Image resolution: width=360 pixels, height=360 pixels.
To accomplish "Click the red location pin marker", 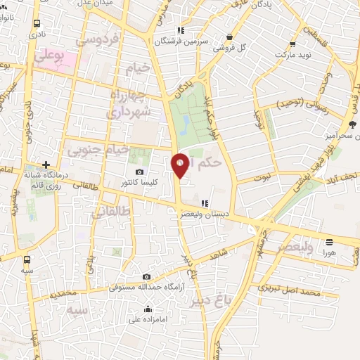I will (x=180, y=165).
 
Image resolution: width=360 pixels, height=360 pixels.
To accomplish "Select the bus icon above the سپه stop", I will (x=27, y=258).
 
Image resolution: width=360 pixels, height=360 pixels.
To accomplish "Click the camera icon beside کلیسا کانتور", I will (x=140, y=172).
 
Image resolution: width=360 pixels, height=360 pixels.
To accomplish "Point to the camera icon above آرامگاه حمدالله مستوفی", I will (x=146, y=277).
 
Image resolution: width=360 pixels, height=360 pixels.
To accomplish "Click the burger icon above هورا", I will (x=329, y=241).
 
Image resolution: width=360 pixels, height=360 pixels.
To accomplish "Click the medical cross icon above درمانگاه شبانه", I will (x=46, y=165).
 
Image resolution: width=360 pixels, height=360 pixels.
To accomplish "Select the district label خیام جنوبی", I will (x=98, y=150).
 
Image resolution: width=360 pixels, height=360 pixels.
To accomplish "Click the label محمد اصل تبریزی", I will (x=289, y=290).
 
